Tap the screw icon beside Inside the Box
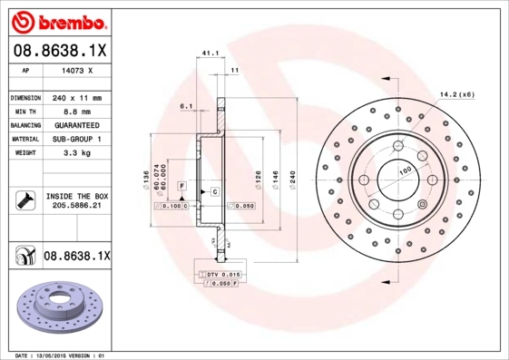23,200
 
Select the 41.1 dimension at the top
210,54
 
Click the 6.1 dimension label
186,106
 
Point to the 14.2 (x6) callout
456,94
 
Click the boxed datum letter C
215,191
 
